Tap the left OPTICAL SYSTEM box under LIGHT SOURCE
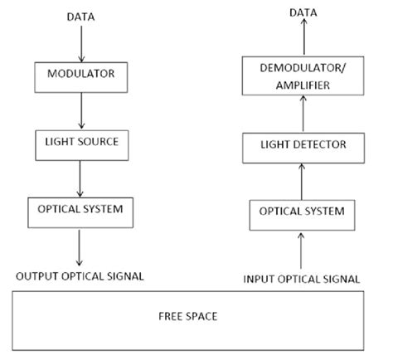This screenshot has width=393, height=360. [81, 209]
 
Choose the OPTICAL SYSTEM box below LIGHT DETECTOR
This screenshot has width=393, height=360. [302, 212]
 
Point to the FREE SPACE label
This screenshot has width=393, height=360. [197, 317]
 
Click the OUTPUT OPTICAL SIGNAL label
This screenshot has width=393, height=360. [81, 275]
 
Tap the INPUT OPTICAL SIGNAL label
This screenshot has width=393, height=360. [302, 280]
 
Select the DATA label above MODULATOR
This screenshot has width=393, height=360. [80, 16]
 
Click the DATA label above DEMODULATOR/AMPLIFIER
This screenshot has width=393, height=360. [301, 13]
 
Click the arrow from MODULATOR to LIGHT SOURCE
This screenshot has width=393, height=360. [80, 109]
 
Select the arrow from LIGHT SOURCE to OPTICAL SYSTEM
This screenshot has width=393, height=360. [80, 177]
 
